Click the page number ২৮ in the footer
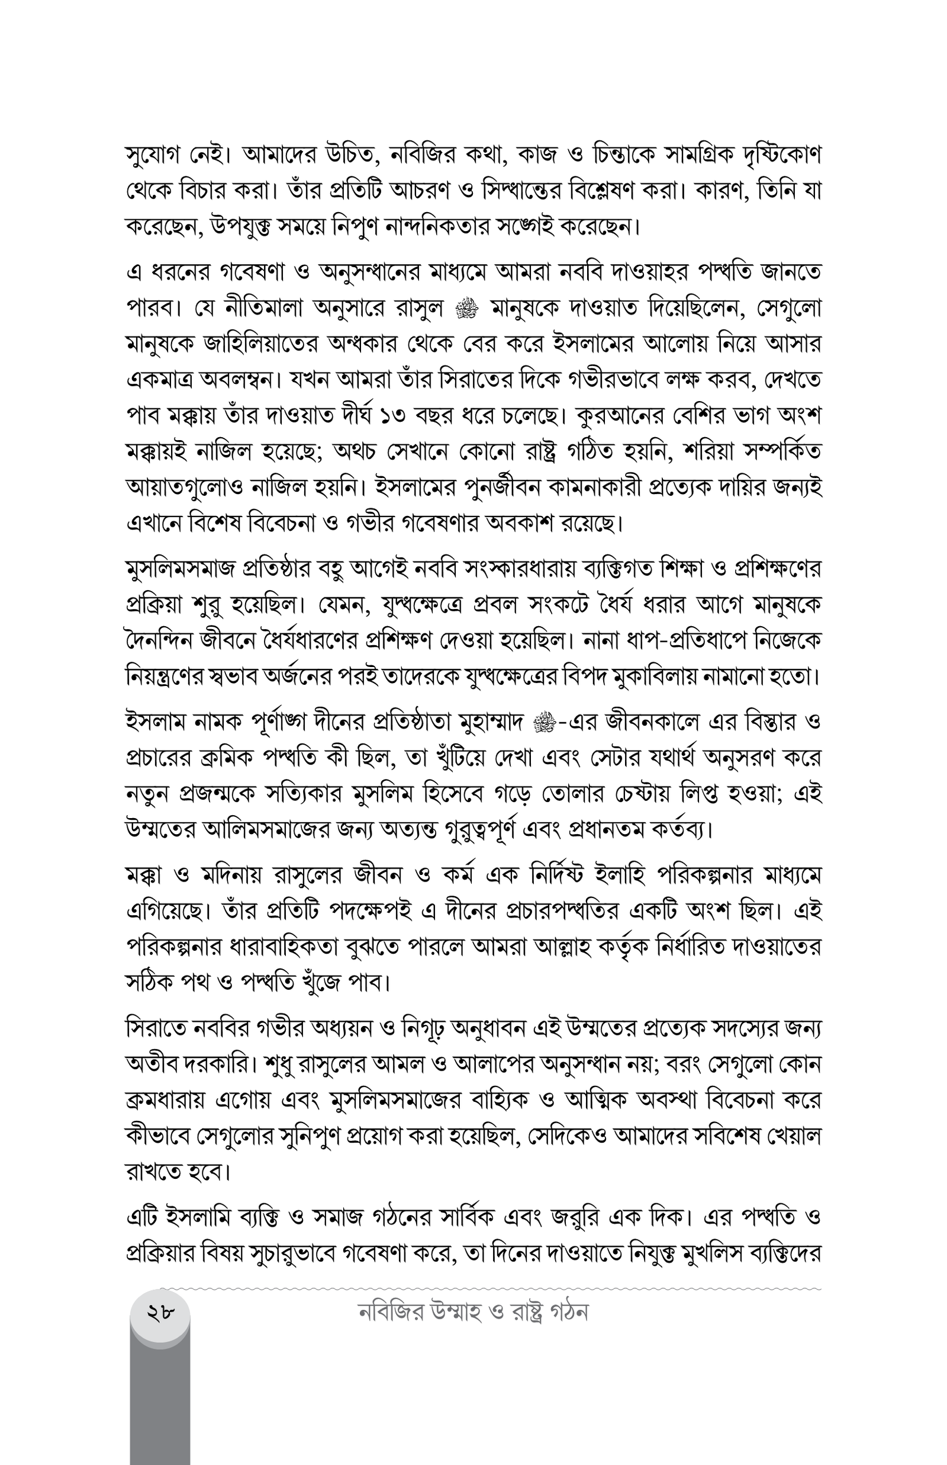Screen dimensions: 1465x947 [x=160, y=1312]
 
